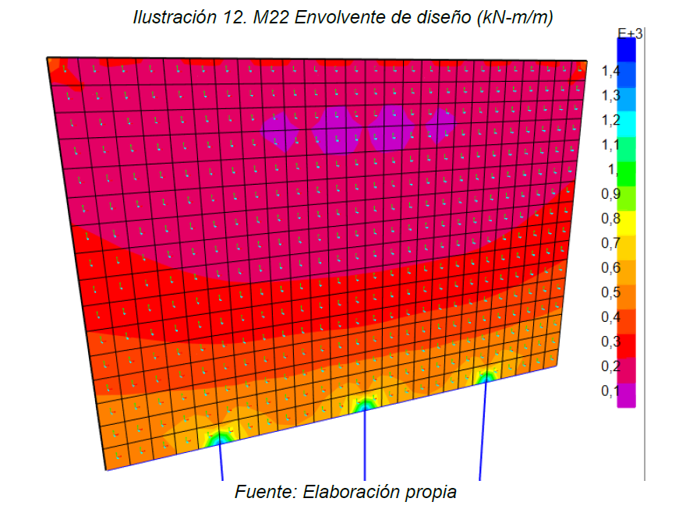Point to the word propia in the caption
[430, 493]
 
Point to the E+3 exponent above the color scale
[629, 33]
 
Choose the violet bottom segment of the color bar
[626, 395]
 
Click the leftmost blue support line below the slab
[221, 464]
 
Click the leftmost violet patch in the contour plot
[281, 131]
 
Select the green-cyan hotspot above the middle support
[363, 405]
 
